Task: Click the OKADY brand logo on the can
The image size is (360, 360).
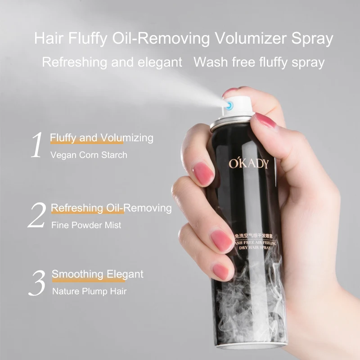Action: (x=248, y=163)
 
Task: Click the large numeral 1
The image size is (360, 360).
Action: (x=37, y=145)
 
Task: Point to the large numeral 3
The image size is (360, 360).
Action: (x=38, y=282)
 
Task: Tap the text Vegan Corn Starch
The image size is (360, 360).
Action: (x=89, y=155)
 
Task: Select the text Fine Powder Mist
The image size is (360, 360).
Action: (x=86, y=225)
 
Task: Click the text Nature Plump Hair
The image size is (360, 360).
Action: (x=89, y=291)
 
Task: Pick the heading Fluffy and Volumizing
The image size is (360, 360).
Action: (x=102, y=137)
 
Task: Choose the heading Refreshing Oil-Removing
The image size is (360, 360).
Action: (x=111, y=208)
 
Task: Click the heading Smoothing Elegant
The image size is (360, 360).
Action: (x=98, y=274)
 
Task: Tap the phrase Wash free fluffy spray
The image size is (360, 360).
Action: (x=259, y=62)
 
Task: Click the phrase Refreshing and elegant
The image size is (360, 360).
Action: (x=112, y=62)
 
